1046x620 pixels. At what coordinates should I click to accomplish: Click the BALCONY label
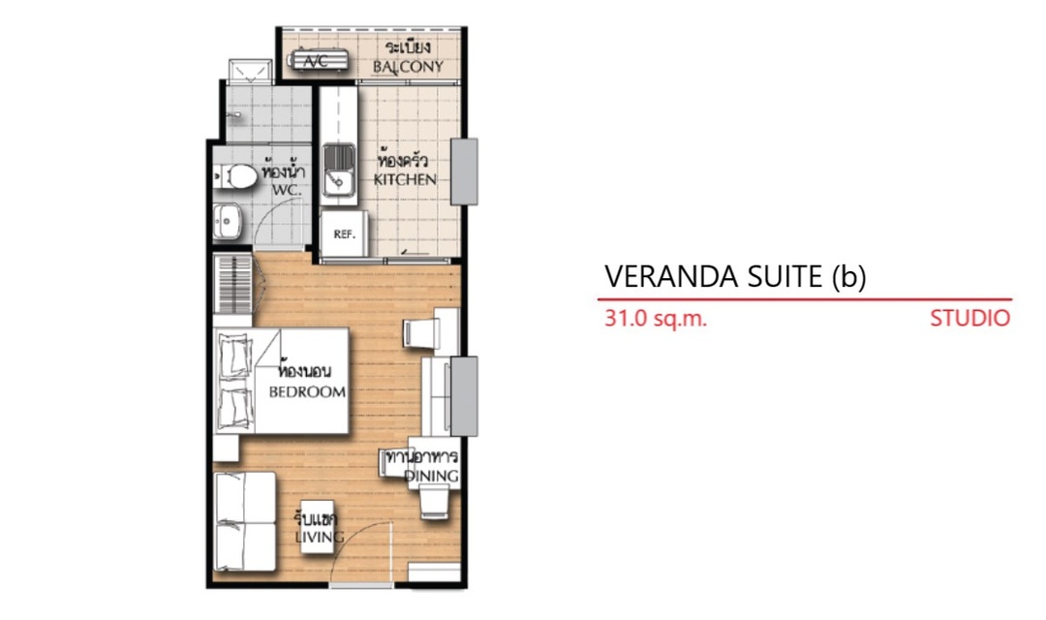point(408,67)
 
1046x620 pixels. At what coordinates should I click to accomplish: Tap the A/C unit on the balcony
point(320,60)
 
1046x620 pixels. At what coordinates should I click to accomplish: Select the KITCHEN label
point(405,179)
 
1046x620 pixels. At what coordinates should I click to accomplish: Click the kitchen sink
point(340,170)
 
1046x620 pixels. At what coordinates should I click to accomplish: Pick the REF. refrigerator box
point(344,233)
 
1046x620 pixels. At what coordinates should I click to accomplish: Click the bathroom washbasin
point(228,221)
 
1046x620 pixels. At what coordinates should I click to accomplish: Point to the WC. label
point(286,190)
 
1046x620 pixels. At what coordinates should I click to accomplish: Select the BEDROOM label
point(307,391)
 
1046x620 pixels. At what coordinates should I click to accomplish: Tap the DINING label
point(432,476)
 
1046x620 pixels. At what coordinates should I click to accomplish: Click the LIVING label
point(320,537)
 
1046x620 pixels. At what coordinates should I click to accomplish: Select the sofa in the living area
point(245,521)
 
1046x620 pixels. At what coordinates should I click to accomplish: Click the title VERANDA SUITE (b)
point(735,276)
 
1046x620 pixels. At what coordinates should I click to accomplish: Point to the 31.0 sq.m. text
point(655,319)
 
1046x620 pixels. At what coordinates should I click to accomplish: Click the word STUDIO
point(969,319)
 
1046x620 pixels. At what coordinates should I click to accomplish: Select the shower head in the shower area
point(232,116)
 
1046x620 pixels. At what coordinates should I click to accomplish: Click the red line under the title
point(805,299)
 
